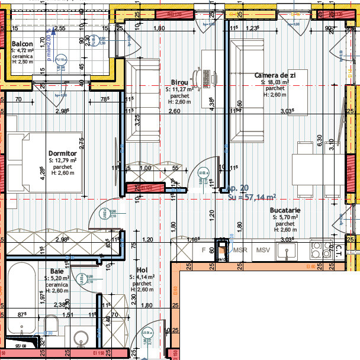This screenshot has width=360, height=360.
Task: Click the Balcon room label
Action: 22,44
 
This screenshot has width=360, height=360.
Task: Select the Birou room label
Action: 179,82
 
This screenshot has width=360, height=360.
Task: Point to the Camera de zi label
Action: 275,75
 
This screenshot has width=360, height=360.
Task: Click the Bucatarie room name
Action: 285,210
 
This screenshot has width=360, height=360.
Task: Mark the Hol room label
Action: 142,269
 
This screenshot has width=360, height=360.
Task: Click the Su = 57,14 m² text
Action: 252,197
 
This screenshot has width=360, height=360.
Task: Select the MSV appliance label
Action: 262,250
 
